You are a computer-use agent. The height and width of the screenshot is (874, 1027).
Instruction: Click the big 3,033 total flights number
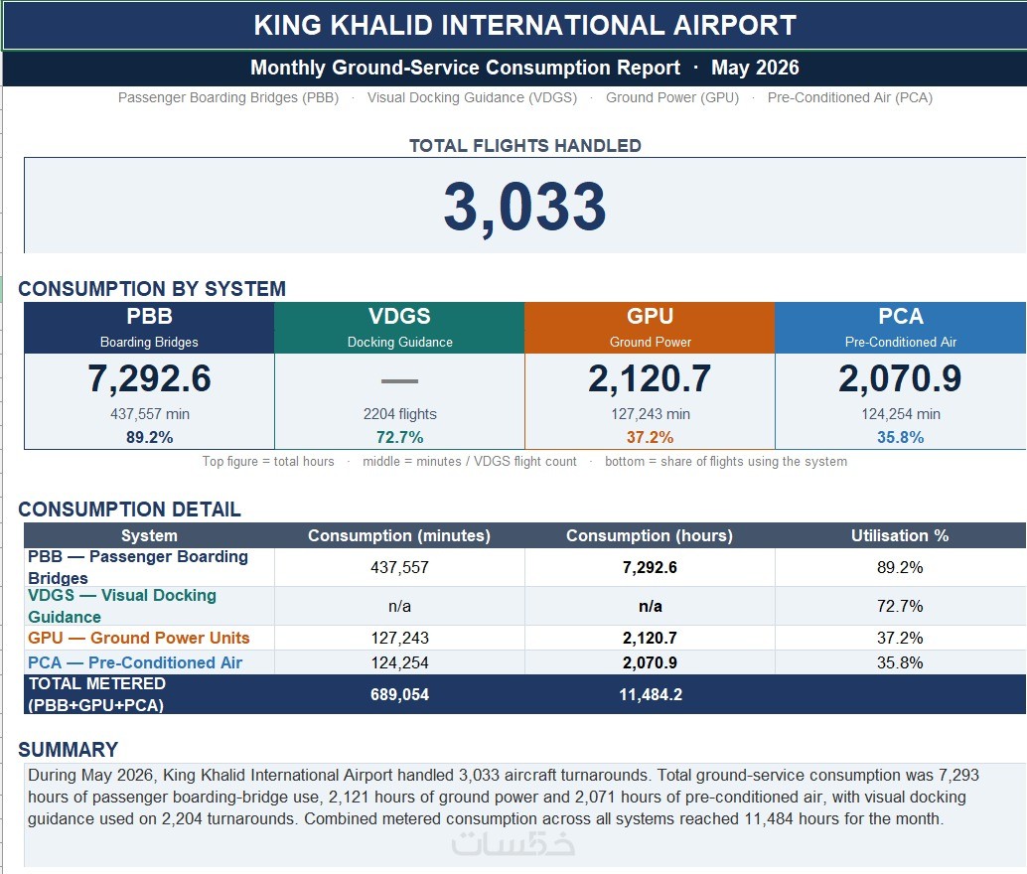coord(524,207)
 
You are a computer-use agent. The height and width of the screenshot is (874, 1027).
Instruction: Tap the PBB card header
coord(149,328)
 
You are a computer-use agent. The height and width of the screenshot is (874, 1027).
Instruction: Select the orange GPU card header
coord(650,328)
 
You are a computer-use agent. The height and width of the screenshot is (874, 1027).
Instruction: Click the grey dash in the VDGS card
coord(399,380)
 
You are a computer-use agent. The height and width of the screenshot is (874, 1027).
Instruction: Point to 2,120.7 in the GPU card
coord(650,378)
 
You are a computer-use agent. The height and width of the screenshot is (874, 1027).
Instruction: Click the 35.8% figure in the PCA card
coord(901,437)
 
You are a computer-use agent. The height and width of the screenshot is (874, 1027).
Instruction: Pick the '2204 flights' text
coord(399,414)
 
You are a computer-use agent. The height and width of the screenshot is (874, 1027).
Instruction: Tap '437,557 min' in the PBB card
coord(149,414)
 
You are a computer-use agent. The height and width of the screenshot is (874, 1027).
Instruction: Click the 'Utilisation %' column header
coord(900,535)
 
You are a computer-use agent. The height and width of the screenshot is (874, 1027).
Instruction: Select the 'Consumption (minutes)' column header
coord(399,535)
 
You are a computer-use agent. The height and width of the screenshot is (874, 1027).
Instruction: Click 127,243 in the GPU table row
coord(399,638)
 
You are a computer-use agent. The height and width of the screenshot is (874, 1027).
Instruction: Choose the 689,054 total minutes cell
coord(399,694)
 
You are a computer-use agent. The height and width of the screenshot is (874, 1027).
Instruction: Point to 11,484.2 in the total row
coord(651,694)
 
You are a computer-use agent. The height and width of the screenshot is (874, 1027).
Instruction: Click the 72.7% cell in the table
coord(900,606)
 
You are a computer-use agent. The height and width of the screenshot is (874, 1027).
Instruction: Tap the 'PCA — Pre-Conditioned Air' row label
coord(135,662)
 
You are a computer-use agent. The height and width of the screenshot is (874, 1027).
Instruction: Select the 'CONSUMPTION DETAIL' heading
coord(130,510)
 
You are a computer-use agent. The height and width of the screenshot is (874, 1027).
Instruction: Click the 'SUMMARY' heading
coord(69,750)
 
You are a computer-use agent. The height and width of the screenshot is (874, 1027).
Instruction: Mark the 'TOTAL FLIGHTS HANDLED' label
coord(525,145)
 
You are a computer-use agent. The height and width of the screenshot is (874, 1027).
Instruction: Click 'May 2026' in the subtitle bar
coord(755,68)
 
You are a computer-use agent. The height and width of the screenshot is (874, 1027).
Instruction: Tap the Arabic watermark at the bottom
coord(513,842)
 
